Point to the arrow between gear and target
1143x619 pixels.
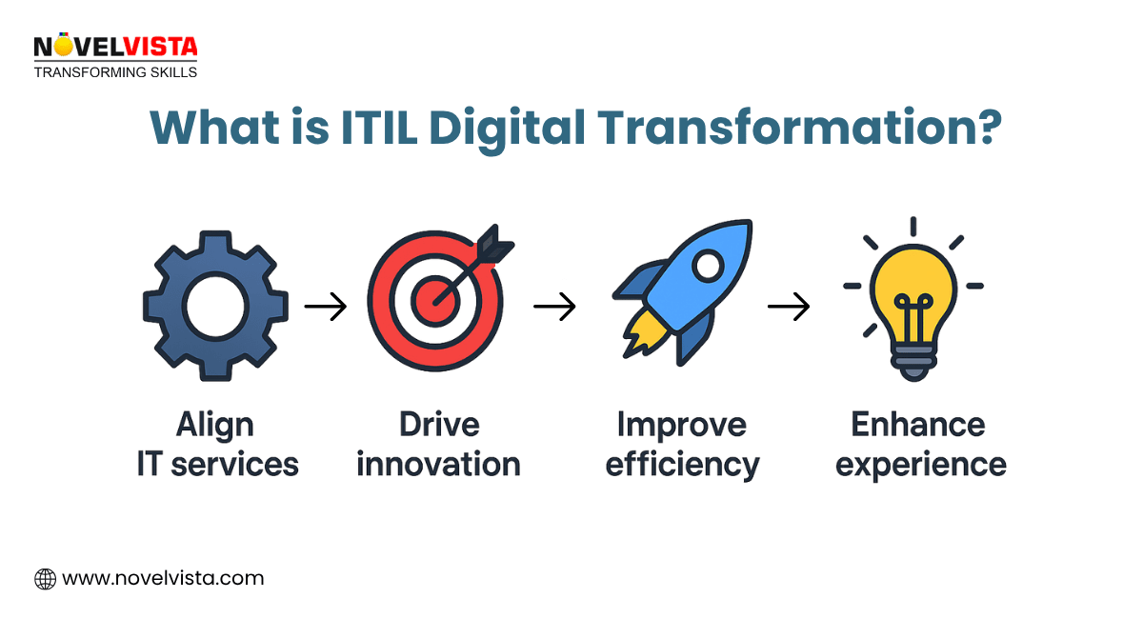click(325, 307)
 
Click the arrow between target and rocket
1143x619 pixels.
click(554, 307)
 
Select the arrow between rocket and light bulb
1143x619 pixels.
click(789, 307)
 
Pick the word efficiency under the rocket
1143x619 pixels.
click(683, 464)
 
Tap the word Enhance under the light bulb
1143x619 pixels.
click(918, 424)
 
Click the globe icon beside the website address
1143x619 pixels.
click(45, 578)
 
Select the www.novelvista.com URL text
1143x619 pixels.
click(163, 578)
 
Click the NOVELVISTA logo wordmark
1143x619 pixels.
click(114, 46)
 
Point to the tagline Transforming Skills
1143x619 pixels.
click(114, 71)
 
